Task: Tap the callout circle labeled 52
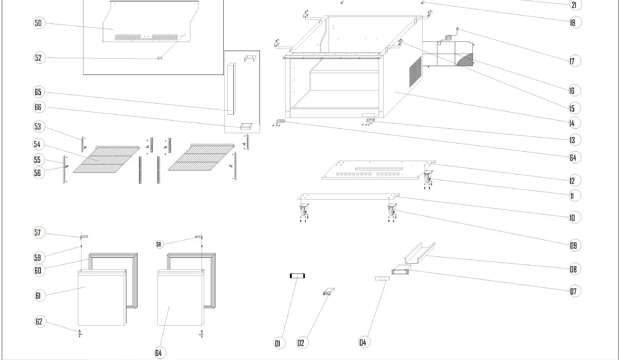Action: pyautogui.click(x=39, y=58)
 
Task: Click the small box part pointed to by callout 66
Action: pyautogui.click(x=246, y=126)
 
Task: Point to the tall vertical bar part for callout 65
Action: pyautogui.click(x=231, y=89)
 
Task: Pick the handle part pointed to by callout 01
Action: pyautogui.click(x=298, y=276)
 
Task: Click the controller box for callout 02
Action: pyautogui.click(x=328, y=292)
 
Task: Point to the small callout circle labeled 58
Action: pyautogui.click(x=159, y=244)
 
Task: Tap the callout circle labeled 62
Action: pyautogui.click(x=39, y=322)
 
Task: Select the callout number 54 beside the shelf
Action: pyautogui.click(x=37, y=144)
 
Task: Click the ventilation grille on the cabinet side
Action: pyautogui.click(x=415, y=71)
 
